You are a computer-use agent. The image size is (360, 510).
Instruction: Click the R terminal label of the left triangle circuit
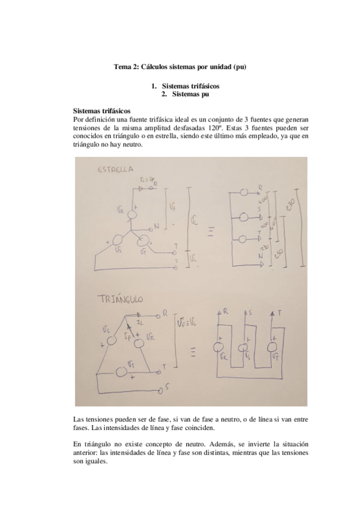tap(165, 314)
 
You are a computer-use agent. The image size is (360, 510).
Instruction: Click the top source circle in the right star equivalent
tap(245, 193)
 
